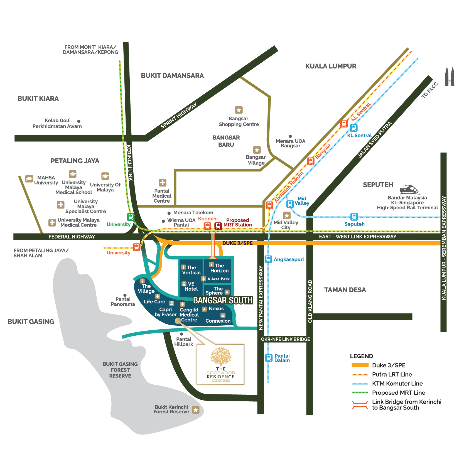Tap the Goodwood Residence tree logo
pyautogui.click(x=221, y=356)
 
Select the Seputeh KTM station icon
pyautogui.click(x=354, y=217)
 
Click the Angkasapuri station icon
pyautogui.click(x=268, y=259)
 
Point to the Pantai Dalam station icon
pyautogui.click(x=269, y=358)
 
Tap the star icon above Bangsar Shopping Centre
pyautogui.click(x=239, y=110)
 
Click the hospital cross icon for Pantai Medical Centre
pyautogui.click(x=163, y=183)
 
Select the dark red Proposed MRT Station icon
pyautogui.click(x=218, y=226)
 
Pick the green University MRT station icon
pyautogui.click(x=131, y=217)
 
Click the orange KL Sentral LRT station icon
pyautogui.click(x=344, y=123)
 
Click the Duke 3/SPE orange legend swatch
pyautogui.click(x=360, y=365)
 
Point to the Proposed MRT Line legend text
pyautogui.click(x=399, y=393)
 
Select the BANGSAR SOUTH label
pyautogui.click(x=223, y=300)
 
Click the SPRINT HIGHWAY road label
pyautogui.click(x=179, y=116)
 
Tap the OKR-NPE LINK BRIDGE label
pyautogui.click(x=285, y=339)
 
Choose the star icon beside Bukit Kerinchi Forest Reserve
pyautogui.click(x=196, y=410)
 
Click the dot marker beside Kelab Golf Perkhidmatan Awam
pyautogui.click(x=79, y=121)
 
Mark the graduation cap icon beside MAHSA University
pyautogui.click(x=29, y=178)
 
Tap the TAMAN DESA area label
pyautogui.click(x=345, y=290)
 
